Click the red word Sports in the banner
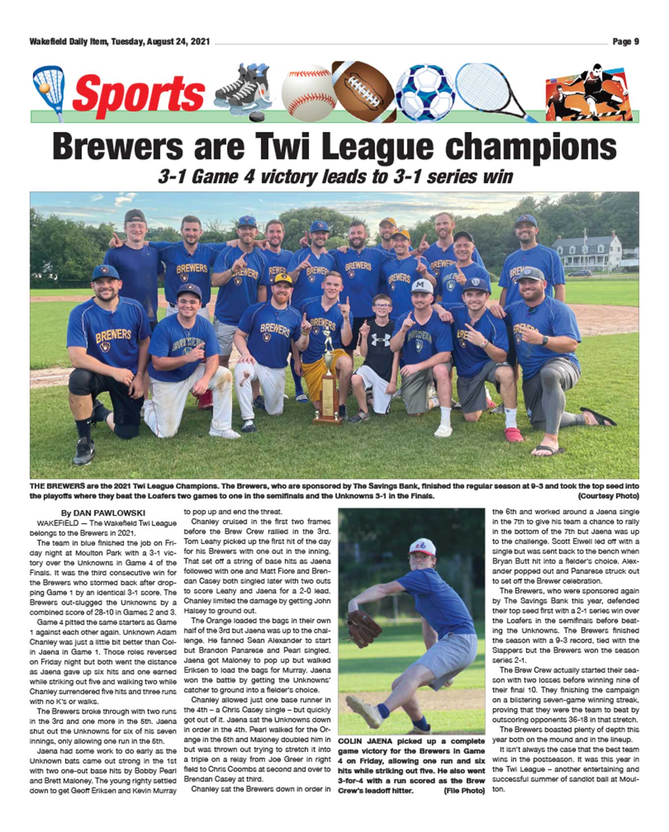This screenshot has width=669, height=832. (138, 93)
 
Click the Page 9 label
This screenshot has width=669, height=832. (625, 42)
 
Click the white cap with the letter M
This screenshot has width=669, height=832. (422, 286)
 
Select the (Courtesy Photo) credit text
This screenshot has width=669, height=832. (608, 496)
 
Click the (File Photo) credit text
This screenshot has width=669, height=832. (464, 790)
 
